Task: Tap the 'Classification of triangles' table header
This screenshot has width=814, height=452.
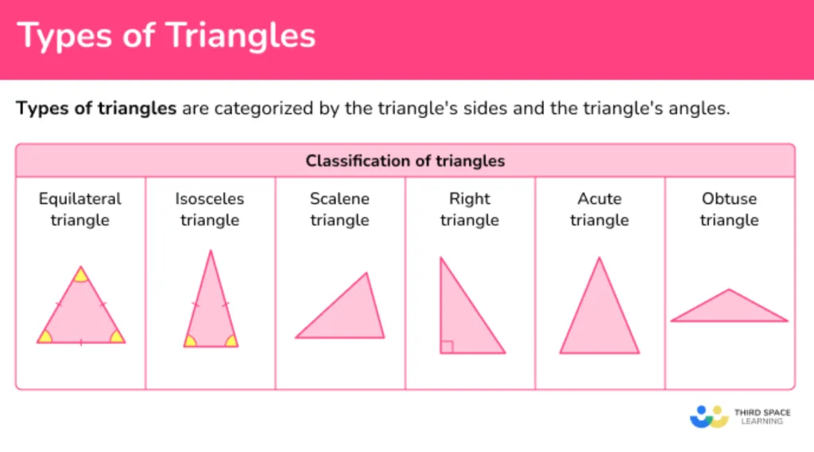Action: pos(405,161)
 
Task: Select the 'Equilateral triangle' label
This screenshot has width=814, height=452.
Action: pos(80,209)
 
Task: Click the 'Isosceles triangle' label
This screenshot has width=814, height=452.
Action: pos(210,209)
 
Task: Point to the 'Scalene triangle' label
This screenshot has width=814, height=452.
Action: pos(339,209)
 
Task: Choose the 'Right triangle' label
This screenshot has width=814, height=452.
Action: pos(469,209)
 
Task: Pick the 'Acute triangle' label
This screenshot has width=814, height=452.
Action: pos(599,209)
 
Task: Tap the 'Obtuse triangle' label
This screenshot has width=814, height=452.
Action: pos(729,209)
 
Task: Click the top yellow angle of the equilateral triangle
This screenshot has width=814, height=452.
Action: pos(80,275)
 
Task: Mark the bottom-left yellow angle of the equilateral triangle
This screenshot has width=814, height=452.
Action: pos(45,337)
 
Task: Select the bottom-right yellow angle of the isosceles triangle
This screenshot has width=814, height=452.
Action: pos(231,341)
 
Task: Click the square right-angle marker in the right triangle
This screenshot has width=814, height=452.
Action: pos(447,346)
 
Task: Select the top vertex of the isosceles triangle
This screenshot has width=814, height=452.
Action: pos(211,251)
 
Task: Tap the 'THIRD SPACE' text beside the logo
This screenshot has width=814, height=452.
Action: pos(762,412)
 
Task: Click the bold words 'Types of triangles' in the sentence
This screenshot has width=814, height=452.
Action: pos(96,108)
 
